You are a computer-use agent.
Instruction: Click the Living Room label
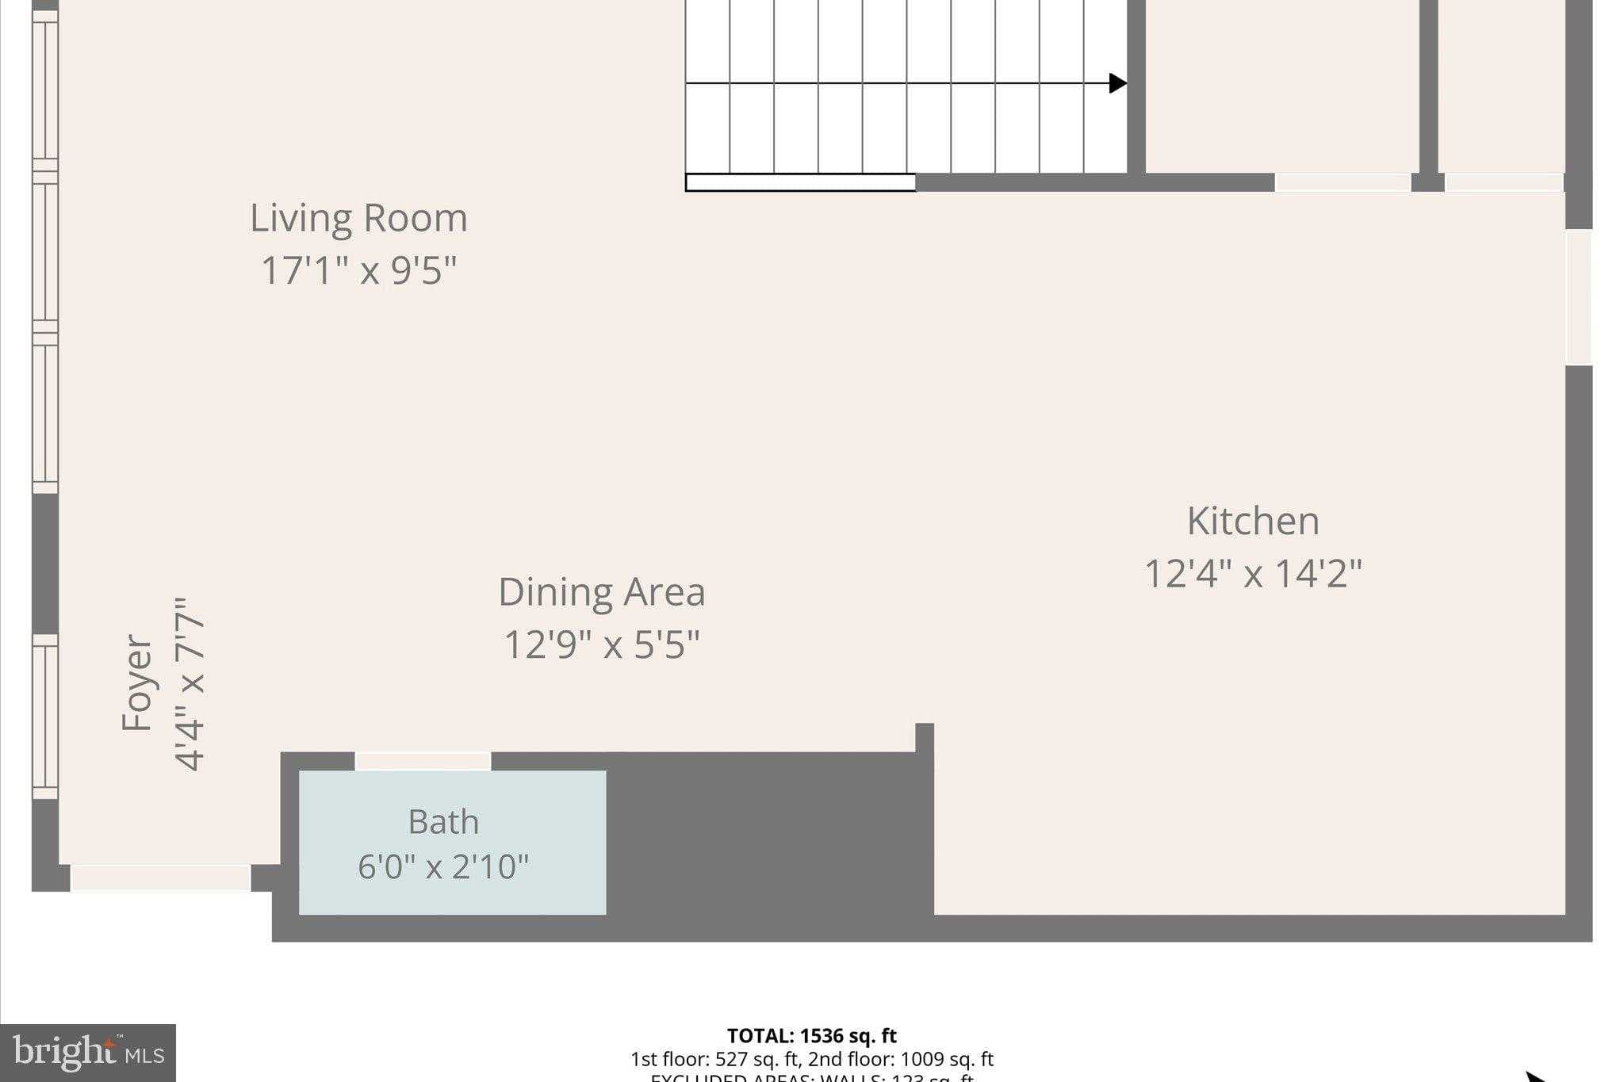(x=358, y=218)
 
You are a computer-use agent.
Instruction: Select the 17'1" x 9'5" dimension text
(x=358, y=270)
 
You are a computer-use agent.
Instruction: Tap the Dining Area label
(x=601, y=592)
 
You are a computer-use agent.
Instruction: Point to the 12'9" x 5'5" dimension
(x=601, y=644)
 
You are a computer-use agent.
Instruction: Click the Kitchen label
(x=1253, y=521)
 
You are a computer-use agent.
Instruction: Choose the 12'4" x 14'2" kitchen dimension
(x=1253, y=573)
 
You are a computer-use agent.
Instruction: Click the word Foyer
(x=136, y=683)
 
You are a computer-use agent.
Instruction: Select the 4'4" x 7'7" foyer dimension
(x=190, y=683)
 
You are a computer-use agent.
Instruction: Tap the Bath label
(x=443, y=822)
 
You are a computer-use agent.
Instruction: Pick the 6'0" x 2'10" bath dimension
(x=443, y=866)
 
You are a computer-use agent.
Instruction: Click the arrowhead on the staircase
(x=1117, y=83)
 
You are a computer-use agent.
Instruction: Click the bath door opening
(x=423, y=761)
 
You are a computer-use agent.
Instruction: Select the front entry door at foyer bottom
(x=160, y=877)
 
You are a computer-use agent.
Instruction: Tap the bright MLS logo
(x=88, y=1053)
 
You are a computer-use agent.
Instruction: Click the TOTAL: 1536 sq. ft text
(x=811, y=1036)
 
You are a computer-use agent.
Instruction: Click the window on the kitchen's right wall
(x=1578, y=297)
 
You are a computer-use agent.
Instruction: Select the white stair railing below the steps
(x=800, y=182)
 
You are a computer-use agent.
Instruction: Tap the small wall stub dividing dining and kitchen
(x=925, y=737)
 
